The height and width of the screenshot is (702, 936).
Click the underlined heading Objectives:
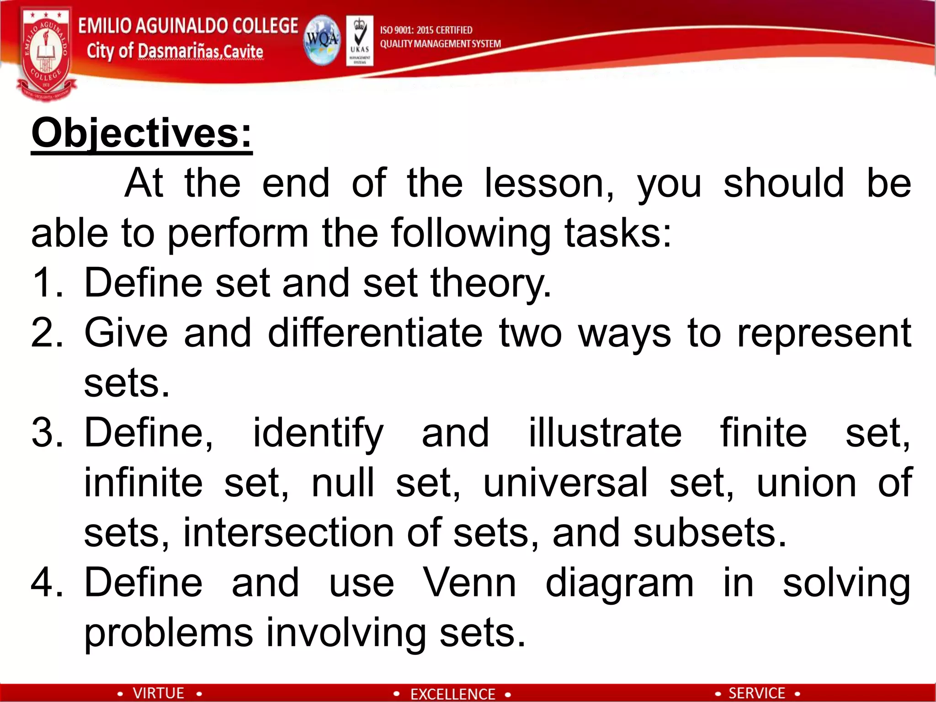[142, 133]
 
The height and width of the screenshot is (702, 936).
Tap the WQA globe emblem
[322, 40]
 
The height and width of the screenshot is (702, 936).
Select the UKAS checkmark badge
[360, 40]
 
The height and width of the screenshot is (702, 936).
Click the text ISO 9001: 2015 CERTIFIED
[426, 30]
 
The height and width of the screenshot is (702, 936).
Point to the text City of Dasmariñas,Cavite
[175, 51]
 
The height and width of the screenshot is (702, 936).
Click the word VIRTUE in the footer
[158, 693]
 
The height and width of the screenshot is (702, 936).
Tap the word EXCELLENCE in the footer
[452, 694]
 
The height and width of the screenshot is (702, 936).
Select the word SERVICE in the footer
[757, 693]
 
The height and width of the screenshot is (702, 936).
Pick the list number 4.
[46, 583]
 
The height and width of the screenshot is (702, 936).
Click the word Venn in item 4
[469, 583]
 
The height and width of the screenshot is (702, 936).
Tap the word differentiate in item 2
[375, 333]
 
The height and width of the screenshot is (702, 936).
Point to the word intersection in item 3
[288, 533]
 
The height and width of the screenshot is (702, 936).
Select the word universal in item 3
[565, 483]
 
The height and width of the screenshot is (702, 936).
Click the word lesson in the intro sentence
[548, 183]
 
